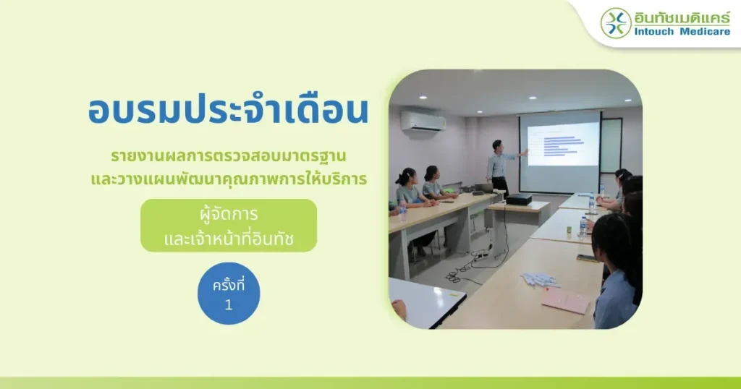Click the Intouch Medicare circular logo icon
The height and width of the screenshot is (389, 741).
tap(616, 23)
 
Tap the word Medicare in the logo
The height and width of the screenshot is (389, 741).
tap(705, 32)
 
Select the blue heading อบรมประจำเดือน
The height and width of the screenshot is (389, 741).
tap(228, 110)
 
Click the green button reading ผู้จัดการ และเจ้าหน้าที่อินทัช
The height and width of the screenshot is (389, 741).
tap(228, 225)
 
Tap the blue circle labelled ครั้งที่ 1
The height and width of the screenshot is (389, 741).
tap(229, 293)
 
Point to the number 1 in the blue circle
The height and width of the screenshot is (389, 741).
tap(229, 305)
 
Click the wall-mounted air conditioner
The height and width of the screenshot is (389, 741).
tap(423, 121)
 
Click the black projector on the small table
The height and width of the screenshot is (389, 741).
tap(518, 200)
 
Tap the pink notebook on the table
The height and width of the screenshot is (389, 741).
tap(566, 300)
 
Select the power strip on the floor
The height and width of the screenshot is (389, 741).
tap(481, 255)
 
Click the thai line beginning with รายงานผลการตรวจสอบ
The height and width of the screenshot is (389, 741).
tap(228, 155)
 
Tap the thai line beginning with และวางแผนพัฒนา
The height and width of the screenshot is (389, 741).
tap(229, 179)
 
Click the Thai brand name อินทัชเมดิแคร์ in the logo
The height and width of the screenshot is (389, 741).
tap(682, 17)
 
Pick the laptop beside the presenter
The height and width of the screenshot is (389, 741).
tap(483, 188)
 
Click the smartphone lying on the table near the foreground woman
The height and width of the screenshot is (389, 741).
tap(586, 257)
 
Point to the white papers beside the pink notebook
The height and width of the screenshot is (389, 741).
tap(540, 280)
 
